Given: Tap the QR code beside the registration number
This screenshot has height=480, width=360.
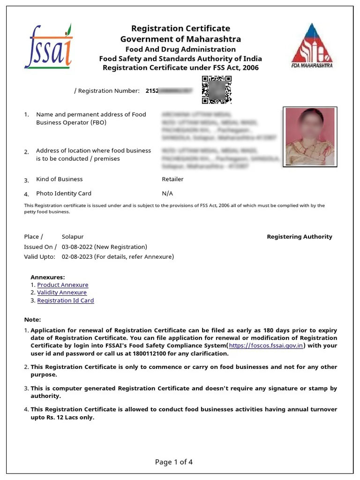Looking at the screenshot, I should (x=217, y=90).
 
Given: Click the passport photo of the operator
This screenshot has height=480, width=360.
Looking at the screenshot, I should (x=310, y=136).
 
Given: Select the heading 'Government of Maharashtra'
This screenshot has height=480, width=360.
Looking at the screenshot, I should (x=180, y=39).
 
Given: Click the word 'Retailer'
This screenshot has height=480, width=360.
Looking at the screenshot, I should (x=172, y=179).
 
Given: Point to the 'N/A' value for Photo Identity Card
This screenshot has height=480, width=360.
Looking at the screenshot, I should (x=167, y=193).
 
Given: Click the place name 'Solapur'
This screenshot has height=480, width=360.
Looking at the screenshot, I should (x=73, y=237).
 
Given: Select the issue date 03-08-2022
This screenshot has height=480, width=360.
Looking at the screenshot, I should (x=77, y=247).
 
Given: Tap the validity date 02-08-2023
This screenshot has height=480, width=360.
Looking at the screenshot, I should (x=77, y=257).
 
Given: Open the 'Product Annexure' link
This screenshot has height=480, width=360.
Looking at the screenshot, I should (x=62, y=285).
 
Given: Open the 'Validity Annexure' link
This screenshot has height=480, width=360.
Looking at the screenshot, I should (x=61, y=292).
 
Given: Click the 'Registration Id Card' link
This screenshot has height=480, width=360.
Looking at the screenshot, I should (x=65, y=300).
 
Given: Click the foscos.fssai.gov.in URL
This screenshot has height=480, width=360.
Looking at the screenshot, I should (x=266, y=345).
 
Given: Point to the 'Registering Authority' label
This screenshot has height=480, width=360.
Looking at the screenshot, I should (x=299, y=237).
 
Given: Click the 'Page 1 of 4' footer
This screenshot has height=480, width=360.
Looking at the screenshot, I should (x=174, y=462).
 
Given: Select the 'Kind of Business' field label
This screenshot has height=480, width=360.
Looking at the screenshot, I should (x=59, y=179).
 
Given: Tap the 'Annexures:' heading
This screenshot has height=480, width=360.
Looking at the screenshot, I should (x=47, y=277).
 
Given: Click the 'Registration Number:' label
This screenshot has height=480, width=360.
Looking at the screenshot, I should (x=108, y=90).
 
